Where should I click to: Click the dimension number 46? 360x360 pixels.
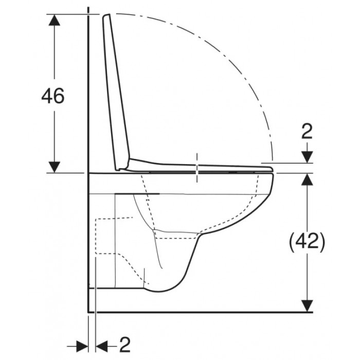53,96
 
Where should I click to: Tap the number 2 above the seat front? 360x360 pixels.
307,132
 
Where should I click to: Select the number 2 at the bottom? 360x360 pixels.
124,345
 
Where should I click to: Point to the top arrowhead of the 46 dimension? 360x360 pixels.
54,20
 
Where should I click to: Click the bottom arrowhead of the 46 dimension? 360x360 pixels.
54,167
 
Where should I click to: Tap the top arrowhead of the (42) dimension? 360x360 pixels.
307,179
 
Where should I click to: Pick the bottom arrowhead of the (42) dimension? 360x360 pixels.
307,306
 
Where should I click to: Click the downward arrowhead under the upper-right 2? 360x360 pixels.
307,157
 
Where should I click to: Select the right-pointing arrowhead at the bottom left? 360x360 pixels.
82,347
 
